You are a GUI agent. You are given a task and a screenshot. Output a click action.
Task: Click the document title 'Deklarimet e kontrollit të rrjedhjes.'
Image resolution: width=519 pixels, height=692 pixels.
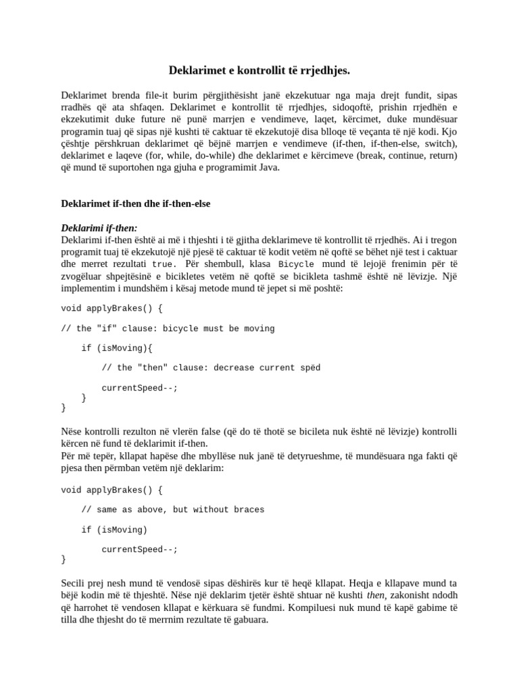[x=259, y=70]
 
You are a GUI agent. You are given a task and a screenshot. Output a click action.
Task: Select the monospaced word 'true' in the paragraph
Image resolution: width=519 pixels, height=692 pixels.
[x=162, y=264]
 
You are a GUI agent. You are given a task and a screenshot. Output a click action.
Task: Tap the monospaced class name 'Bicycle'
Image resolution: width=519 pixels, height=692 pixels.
[x=296, y=264]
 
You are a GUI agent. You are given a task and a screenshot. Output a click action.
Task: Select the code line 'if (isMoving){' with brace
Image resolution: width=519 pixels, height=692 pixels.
[x=117, y=348]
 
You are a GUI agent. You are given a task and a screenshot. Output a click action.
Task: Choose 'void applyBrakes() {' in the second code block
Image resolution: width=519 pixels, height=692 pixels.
[x=112, y=489]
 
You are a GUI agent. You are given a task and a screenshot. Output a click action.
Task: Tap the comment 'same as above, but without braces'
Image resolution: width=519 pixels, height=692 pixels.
[x=172, y=510]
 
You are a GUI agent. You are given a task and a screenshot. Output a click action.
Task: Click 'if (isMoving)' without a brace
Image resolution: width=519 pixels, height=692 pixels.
[x=114, y=529]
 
